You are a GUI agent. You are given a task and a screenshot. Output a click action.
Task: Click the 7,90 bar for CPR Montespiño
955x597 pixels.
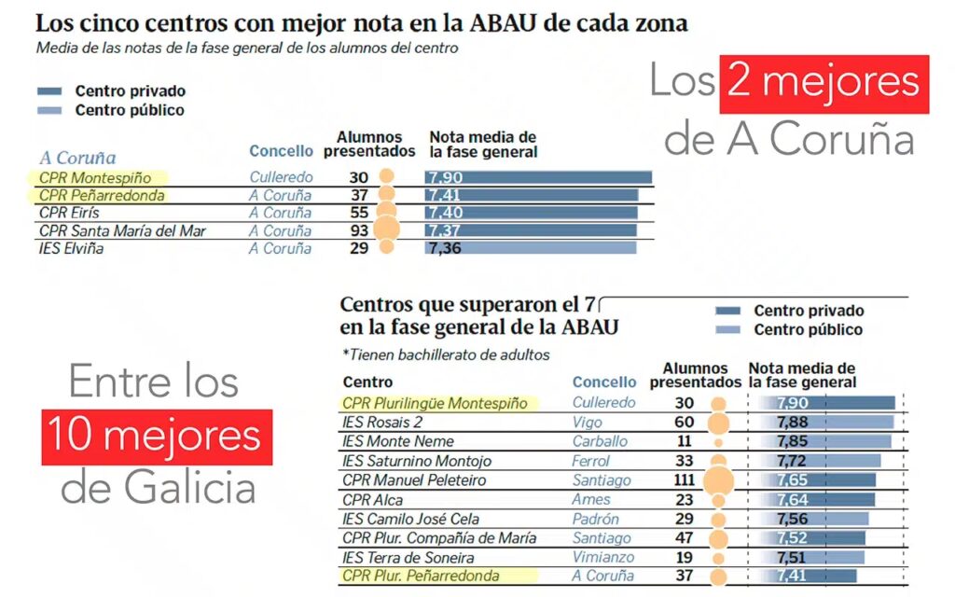point(538,177)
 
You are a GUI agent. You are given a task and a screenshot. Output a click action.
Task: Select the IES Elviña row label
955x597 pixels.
point(71,249)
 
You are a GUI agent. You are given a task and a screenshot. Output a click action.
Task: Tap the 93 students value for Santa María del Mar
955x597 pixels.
point(357,230)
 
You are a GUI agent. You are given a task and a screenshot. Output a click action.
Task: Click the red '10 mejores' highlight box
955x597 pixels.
point(156,437)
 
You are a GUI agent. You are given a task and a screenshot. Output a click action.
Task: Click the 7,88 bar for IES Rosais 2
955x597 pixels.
point(822,423)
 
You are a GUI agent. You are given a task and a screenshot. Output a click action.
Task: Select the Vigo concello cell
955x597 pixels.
point(588,423)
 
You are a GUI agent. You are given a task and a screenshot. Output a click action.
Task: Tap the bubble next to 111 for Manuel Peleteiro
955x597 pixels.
point(717,480)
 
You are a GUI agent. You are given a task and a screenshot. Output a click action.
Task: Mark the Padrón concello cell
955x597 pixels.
point(595,520)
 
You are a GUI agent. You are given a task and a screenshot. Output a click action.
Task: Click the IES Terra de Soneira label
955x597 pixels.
point(408,558)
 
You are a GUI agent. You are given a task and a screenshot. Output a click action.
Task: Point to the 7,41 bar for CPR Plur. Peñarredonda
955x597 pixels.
point(803,576)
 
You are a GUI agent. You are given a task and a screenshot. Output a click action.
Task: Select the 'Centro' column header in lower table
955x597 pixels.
point(367,382)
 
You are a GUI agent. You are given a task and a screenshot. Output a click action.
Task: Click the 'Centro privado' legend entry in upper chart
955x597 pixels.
point(131,91)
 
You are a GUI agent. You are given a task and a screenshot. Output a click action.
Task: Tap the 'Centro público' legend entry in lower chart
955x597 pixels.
point(808,329)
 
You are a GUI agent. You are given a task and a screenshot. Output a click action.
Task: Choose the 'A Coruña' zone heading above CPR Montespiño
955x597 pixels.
point(77,158)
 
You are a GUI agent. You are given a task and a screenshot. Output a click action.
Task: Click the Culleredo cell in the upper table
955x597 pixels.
point(282,177)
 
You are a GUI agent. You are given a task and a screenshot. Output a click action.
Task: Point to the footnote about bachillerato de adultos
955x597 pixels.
point(446,354)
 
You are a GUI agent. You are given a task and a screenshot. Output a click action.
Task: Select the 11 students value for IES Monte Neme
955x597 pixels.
point(685,441)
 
